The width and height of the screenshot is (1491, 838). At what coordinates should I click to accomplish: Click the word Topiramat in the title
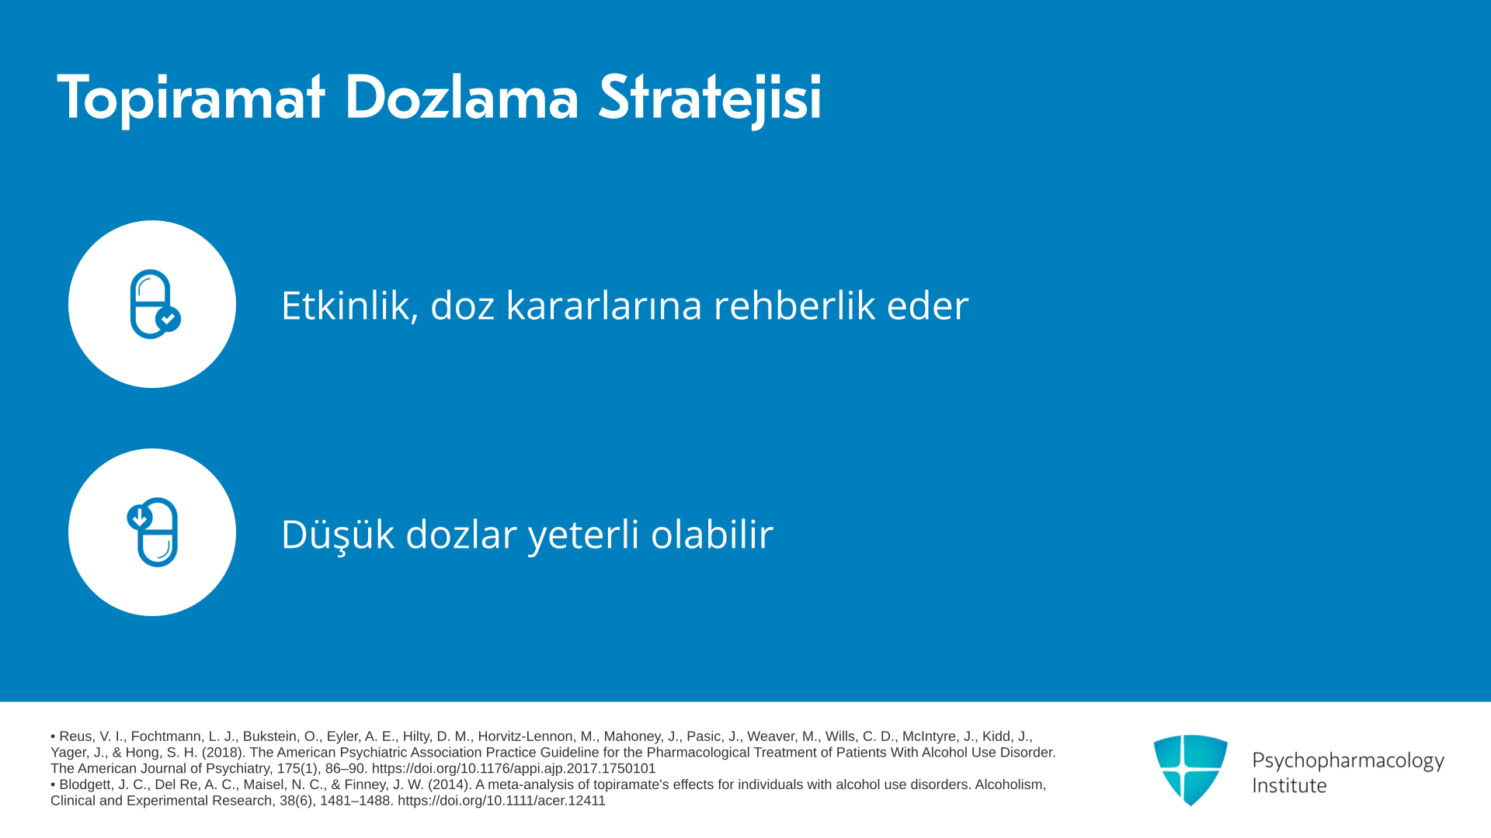tap(190, 99)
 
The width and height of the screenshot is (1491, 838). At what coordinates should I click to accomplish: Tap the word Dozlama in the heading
tap(461, 97)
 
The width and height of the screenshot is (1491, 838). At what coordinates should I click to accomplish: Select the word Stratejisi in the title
tap(710, 99)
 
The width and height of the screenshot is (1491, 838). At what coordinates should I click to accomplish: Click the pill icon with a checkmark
tap(155, 304)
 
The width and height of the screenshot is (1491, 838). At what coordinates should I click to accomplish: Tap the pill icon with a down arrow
tap(153, 532)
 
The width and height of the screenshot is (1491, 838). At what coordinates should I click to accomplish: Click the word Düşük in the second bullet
tap(338, 534)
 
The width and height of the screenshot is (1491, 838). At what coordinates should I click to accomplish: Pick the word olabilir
tap(712, 534)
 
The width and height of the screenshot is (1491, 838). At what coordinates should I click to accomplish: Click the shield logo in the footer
tap(1190, 770)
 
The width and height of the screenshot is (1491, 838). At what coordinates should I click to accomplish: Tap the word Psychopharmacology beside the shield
tap(1348, 760)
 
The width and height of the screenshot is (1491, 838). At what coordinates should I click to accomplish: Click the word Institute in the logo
tap(1289, 785)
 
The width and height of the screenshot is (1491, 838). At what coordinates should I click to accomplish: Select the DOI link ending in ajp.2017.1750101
tap(513, 768)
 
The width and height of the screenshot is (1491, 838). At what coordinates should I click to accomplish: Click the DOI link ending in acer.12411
tap(502, 801)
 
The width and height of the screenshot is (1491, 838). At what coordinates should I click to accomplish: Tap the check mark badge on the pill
tap(168, 319)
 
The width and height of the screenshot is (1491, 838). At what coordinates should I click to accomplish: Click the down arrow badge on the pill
tap(139, 518)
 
